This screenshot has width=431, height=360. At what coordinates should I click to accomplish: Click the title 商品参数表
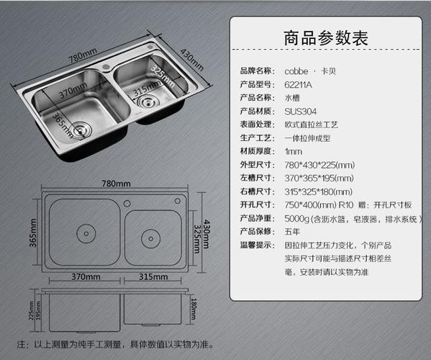click(326, 38)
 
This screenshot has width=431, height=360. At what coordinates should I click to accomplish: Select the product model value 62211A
click(298, 85)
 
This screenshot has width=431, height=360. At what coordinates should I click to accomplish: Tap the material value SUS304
click(301, 112)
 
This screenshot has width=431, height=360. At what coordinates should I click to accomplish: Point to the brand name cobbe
click(296, 71)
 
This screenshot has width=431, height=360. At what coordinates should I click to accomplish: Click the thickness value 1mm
click(294, 151)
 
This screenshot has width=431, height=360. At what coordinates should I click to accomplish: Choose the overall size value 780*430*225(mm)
click(319, 165)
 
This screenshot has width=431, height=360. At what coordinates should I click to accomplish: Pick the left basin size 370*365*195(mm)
click(319, 179)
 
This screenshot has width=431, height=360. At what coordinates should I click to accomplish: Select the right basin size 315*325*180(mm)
click(318, 192)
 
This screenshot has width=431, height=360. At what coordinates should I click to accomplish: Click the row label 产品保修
click(256, 232)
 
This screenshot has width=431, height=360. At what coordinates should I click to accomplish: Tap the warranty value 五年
click(292, 232)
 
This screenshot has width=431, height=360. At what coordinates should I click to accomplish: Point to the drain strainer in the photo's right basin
click(148, 102)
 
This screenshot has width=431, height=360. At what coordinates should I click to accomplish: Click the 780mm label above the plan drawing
click(116, 184)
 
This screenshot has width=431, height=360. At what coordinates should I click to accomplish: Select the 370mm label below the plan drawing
click(86, 276)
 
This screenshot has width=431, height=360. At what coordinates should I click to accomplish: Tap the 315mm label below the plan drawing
click(153, 276)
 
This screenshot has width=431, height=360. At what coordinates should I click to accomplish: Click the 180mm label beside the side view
click(194, 309)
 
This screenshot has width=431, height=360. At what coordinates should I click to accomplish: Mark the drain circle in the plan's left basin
click(86, 234)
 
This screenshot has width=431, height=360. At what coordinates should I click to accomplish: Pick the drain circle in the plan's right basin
click(150, 238)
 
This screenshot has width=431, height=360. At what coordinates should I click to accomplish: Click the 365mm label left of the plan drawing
click(33, 233)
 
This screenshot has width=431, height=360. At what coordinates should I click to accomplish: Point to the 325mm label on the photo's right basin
click(163, 76)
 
